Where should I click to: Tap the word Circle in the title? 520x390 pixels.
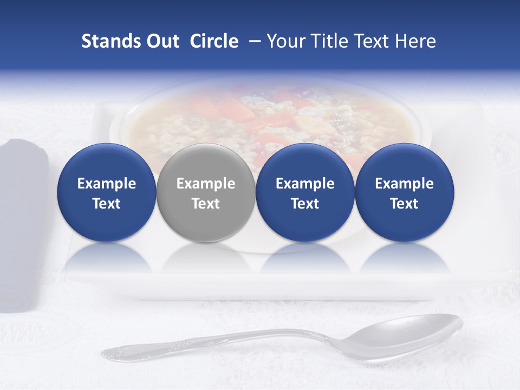tap(214, 41)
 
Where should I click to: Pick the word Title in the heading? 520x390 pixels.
tap(332, 41)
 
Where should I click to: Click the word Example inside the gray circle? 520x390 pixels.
tap(206, 184)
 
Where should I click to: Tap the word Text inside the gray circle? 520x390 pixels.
tap(206, 204)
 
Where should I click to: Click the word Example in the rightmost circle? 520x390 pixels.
tap(404, 184)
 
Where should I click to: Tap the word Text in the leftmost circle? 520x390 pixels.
tap(106, 204)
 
